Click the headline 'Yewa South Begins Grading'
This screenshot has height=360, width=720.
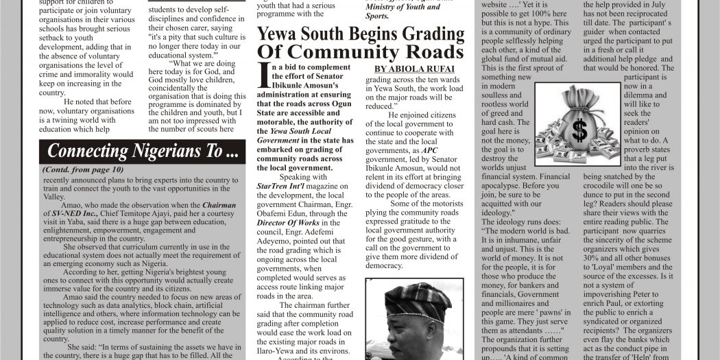coord(361,34)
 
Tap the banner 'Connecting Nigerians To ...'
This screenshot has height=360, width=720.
coord(143,152)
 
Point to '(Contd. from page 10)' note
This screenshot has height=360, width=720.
coord(82,169)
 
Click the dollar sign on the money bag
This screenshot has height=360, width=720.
coord(579,128)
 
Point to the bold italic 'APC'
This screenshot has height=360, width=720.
coord(429,150)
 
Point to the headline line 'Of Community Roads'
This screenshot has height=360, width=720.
coord(361,53)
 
